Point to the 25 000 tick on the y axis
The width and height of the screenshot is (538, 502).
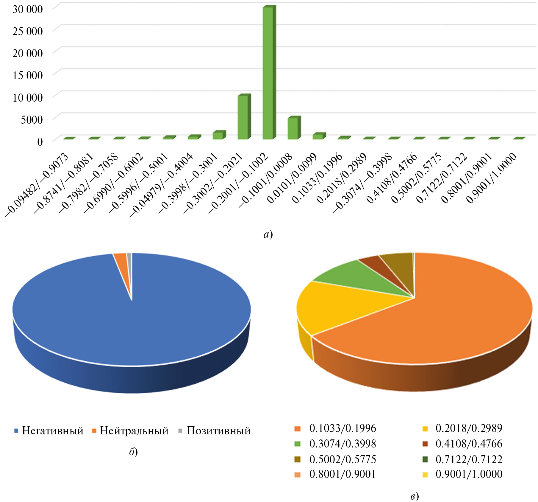[x=28, y=31]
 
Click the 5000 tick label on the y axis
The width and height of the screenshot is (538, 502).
[x=32, y=119]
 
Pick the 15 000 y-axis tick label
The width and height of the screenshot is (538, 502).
[x=28, y=75]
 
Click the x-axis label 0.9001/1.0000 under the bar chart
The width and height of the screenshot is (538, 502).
[x=492, y=178]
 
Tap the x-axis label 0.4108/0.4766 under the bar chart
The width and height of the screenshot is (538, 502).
[x=392, y=178]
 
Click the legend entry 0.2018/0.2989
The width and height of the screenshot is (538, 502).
[x=469, y=428]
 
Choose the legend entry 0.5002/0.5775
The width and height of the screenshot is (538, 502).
[x=342, y=459]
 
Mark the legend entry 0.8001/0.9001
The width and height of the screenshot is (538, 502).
[x=342, y=474]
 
